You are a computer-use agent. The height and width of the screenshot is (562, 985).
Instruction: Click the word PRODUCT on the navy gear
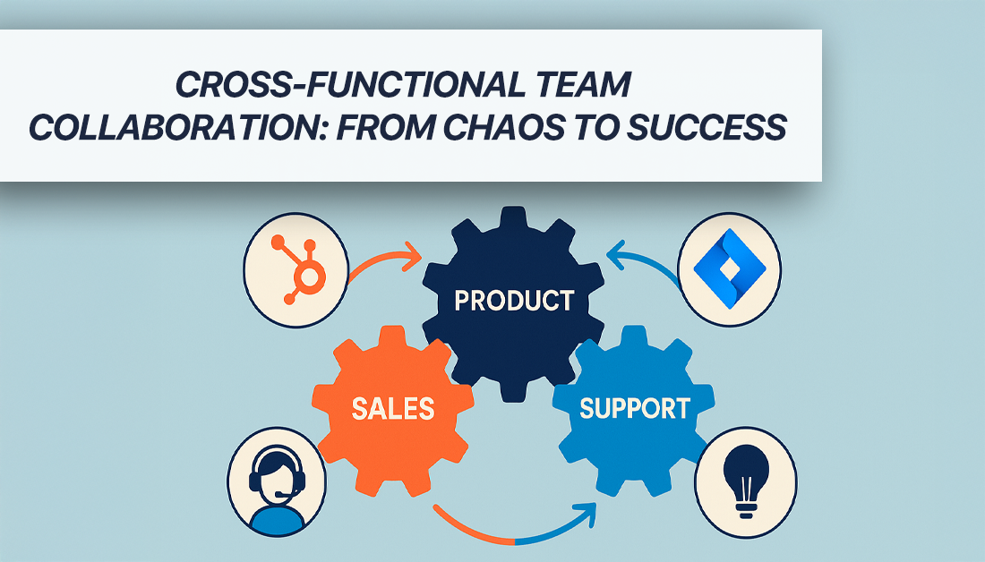click(x=514, y=300)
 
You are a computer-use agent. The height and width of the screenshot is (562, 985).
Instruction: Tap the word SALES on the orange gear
click(x=392, y=409)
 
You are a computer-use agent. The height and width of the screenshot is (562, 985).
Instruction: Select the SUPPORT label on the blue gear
click(x=635, y=409)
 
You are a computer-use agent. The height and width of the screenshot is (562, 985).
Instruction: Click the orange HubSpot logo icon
click(x=299, y=268)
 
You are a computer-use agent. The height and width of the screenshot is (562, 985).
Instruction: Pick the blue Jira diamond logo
click(x=729, y=268)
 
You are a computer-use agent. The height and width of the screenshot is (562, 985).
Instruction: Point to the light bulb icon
click(x=746, y=481)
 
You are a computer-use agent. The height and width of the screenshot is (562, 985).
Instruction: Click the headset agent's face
click(x=277, y=477)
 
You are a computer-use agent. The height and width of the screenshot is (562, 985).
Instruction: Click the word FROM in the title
click(x=384, y=127)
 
